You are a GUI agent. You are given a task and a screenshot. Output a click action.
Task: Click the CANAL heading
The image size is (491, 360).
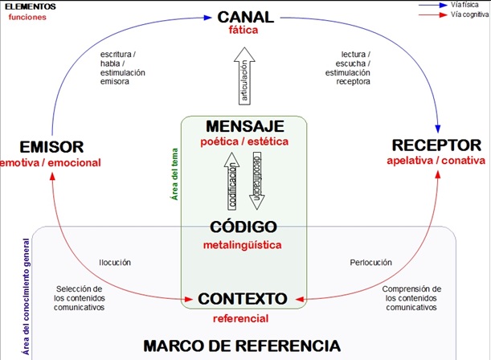(246, 17)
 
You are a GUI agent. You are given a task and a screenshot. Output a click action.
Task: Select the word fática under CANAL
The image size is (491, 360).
(243, 30)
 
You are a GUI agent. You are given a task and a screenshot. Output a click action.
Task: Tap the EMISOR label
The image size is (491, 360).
(51, 147)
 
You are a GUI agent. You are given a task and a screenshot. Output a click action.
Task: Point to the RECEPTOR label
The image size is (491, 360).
(436, 145)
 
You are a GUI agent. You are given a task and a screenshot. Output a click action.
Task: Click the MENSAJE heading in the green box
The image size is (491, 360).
(245, 126)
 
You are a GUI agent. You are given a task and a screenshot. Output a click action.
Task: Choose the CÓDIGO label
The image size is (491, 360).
(243, 227)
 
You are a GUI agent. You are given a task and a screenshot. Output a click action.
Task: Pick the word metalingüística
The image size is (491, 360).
(243, 245)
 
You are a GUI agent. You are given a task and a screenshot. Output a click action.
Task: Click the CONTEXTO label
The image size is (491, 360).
(243, 299)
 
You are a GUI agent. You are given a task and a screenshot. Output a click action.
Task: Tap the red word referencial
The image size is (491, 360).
(241, 319)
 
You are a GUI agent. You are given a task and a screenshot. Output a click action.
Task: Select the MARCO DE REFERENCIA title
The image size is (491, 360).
(242, 346)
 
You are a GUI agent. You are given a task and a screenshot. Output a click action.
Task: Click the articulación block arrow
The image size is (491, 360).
(244, 76)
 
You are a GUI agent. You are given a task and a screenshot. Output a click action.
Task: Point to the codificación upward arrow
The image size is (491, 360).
(231, 182)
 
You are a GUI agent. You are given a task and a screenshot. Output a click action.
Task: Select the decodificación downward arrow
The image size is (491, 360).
(257, 181)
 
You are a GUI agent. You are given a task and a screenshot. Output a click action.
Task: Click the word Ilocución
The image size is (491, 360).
(115, 262)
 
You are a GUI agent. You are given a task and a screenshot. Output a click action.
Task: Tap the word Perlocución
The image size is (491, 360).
(370, 262)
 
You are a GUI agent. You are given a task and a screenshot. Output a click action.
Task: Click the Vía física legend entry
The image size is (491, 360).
(448, 5)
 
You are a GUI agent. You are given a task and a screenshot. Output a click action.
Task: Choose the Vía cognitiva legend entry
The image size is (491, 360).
(453, 14)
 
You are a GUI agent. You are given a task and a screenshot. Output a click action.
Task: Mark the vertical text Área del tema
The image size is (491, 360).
(174, 174)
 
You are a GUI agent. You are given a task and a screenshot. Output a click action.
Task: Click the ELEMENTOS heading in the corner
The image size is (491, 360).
(31, 6)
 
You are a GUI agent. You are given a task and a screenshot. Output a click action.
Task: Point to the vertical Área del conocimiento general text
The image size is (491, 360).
(27, 297)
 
